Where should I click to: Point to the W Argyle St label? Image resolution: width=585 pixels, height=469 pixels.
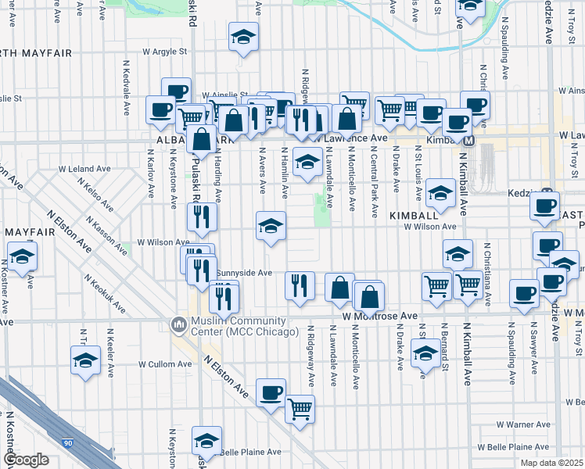[165, 52]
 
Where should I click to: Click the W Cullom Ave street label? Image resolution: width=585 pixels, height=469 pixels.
[165, 364]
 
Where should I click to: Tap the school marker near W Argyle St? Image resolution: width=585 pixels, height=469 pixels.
[243, 36]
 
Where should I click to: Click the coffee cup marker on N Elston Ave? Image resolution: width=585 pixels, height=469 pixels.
[271, 392]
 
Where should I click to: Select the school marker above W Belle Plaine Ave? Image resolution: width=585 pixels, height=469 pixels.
[207, 440]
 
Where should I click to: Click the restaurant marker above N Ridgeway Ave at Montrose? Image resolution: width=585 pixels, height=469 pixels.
[299, 285]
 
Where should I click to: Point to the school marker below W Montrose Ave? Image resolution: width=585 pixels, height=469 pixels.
[425, 354]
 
